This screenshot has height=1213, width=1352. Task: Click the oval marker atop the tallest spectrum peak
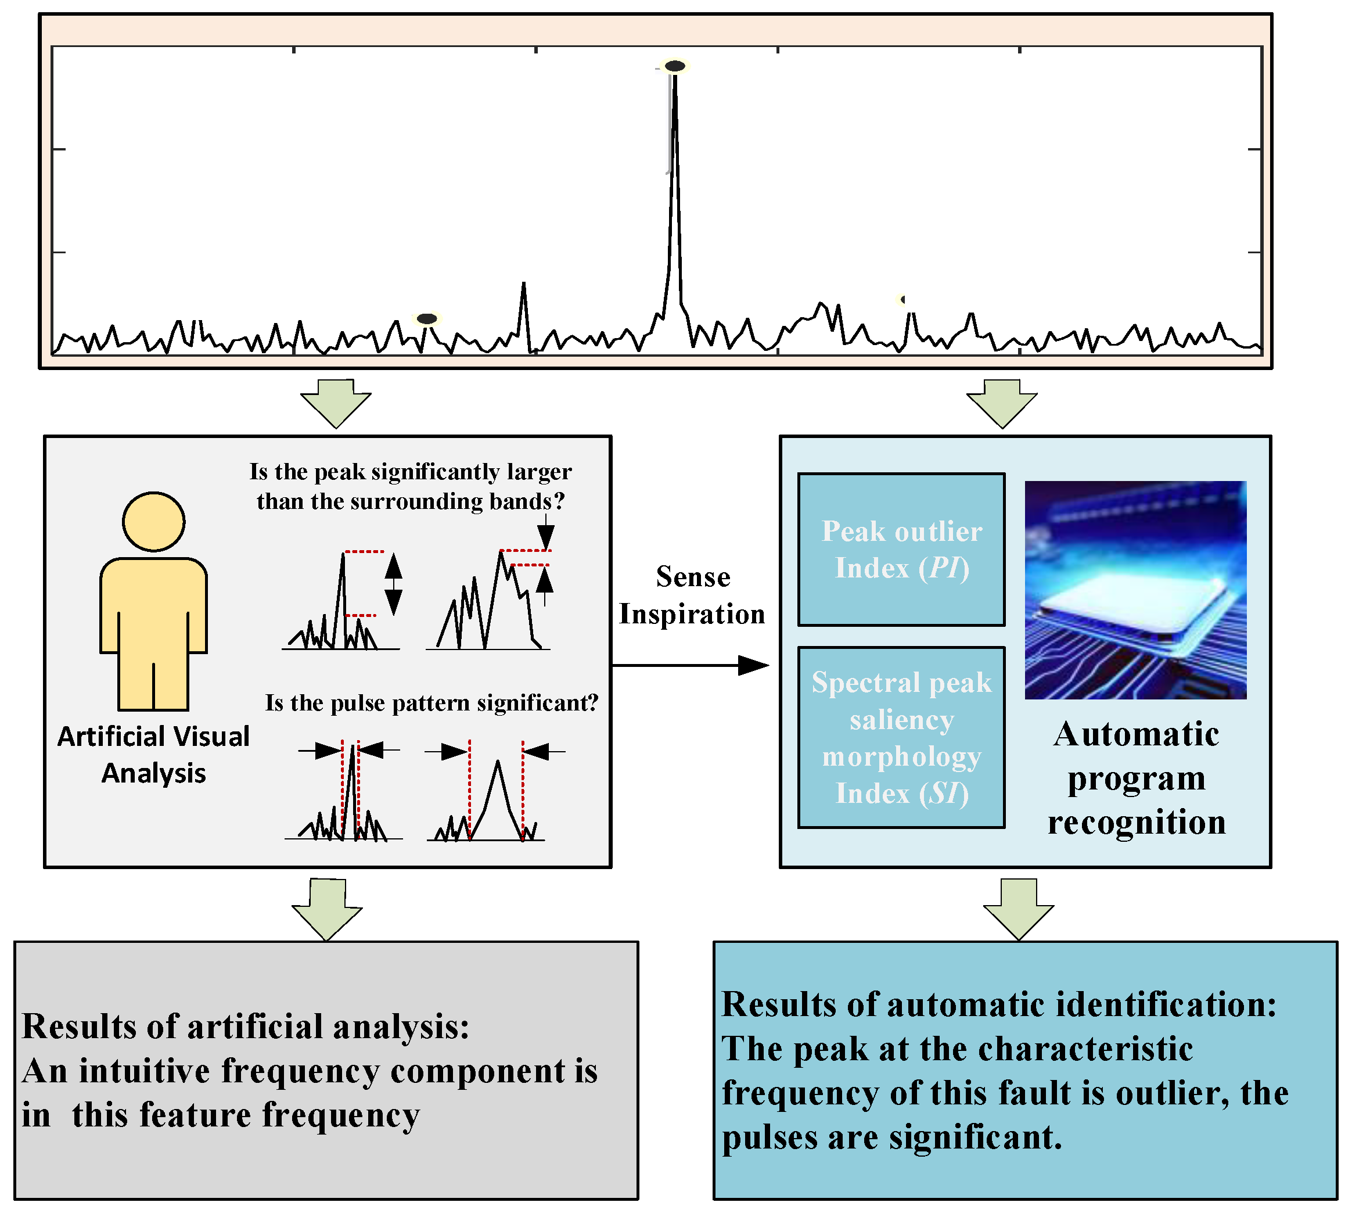[674, 66]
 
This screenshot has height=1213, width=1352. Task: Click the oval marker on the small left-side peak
[426, 318]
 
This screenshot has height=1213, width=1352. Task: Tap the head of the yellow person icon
[153, 521]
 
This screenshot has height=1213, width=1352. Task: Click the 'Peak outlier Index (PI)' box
[901, 549]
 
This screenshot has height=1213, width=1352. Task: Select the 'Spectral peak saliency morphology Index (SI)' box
[901, 737]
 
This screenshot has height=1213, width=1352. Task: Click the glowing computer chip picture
[1135, 590]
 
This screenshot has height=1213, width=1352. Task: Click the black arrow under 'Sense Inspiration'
[690, 665]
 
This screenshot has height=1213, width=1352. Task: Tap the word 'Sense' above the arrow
[692, 576]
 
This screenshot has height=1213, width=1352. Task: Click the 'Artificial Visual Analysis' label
[153, 755]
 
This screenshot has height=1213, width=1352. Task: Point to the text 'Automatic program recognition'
[1136, 778]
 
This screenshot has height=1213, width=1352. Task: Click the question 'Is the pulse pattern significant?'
[431, 702]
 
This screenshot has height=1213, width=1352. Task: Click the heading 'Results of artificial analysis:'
[245, 1026]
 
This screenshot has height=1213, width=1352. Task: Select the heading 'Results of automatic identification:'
[998, 1004]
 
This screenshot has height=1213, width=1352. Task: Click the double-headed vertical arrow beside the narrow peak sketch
[393, 584]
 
